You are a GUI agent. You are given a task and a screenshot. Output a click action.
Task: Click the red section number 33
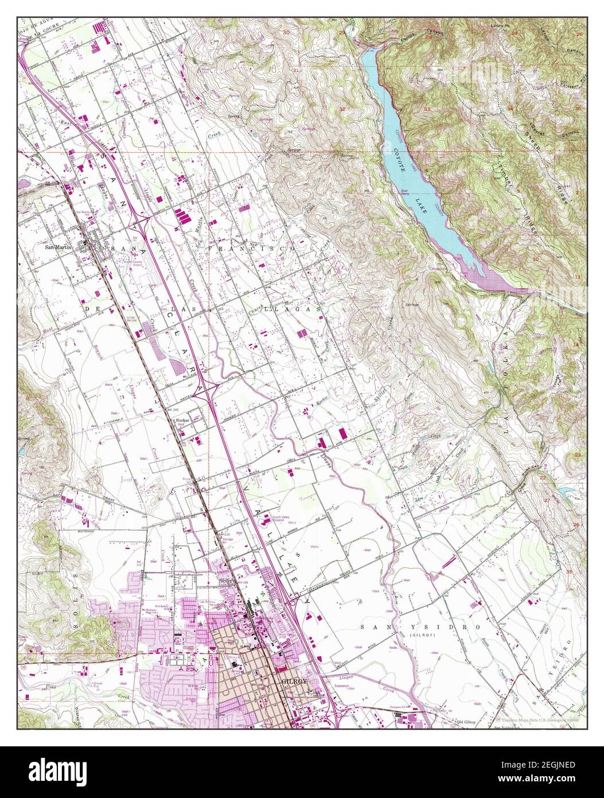click(x=427, y=109)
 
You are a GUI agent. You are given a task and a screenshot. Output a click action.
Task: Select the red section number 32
click(x=342, y=109)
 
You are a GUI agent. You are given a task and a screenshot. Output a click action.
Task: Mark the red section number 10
click(x=535, y=259)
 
